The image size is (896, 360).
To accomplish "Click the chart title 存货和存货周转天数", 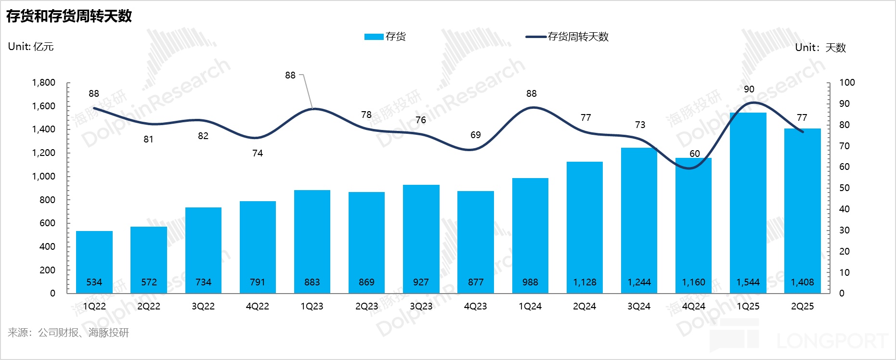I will coord(69,16).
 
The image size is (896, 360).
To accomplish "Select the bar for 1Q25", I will coord(748,202).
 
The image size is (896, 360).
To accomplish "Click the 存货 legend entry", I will coord(385,37).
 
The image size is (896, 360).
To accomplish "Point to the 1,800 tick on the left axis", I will coord(44,82).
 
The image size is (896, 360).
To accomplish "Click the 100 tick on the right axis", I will coord(847,82).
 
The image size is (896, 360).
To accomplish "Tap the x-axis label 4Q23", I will coord(475,306).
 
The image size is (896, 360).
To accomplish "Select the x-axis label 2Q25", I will coord(802,306).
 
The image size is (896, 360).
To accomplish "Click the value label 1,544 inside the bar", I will coord(748,282).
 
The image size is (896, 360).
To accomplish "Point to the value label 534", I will coord(94,282).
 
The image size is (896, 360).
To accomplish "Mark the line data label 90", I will coord(749,89).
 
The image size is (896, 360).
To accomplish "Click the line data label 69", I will coord(476,135).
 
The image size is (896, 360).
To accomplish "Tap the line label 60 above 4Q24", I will coord(694,154).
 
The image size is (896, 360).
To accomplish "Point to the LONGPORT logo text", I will coord(832,341).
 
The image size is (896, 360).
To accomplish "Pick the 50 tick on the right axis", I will coord(844,188).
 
